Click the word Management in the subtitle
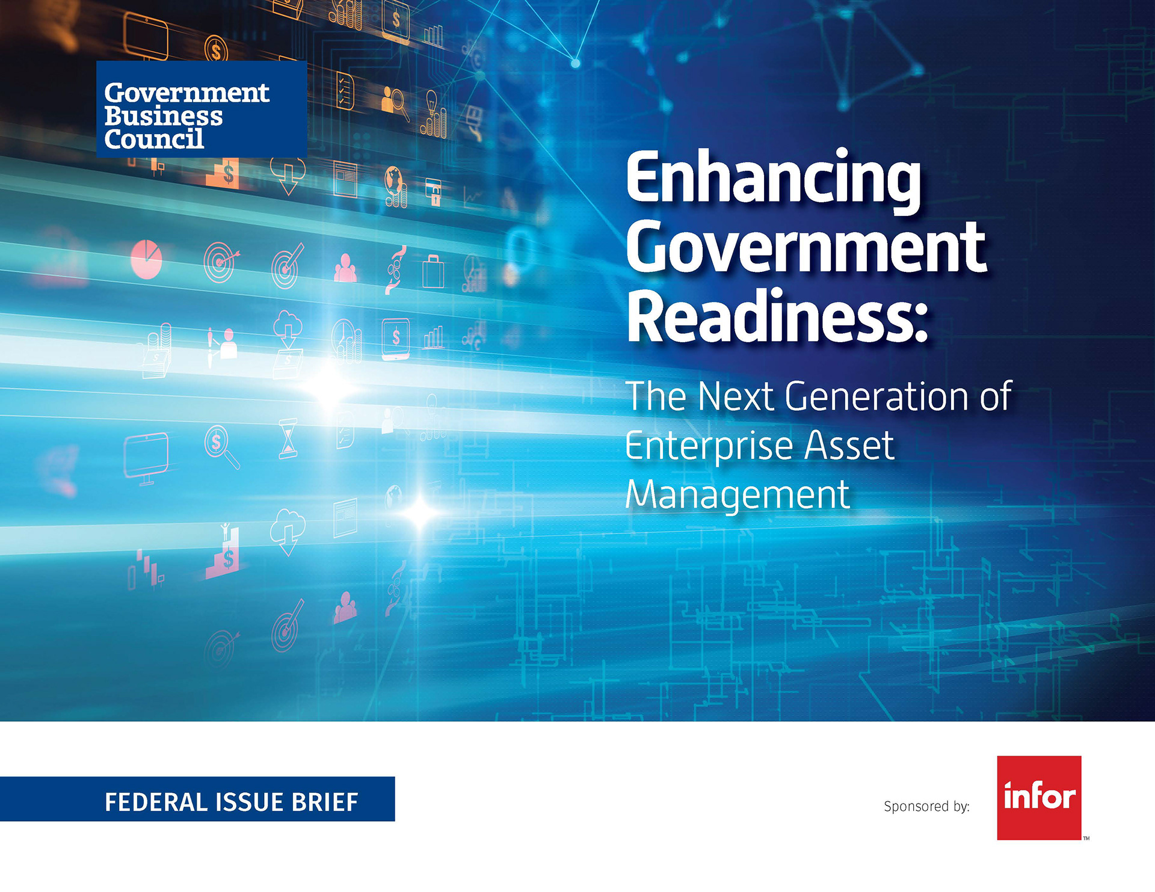click(x=738, y=496)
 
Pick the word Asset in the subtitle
click(x=849, y=446)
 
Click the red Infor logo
click(x=1039, y=798)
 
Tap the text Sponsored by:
click(x=926, y=807)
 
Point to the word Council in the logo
click(x=154, y=139)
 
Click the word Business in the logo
click(x=164, y=115)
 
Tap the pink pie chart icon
click(x=146, y=259)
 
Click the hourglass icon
click(x=288, y=438)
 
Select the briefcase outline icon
click(x=433, y=271)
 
